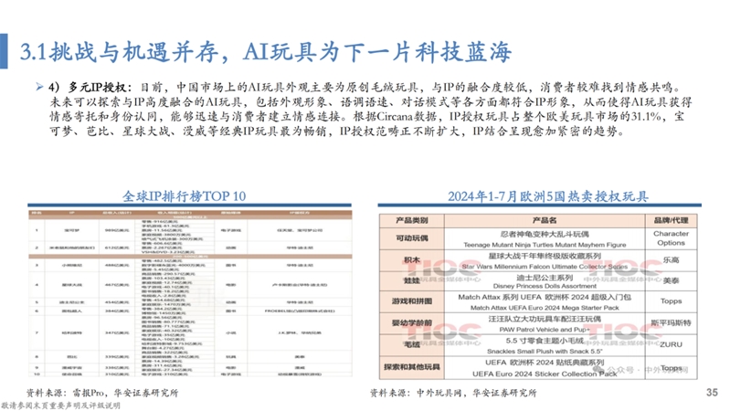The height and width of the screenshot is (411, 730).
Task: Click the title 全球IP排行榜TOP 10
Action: coord(185,196)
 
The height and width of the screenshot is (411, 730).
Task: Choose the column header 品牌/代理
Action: coord(671,220)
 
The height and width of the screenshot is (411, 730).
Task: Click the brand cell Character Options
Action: coord(671,238)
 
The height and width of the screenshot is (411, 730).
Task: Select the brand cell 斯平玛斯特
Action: coord(671,324)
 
